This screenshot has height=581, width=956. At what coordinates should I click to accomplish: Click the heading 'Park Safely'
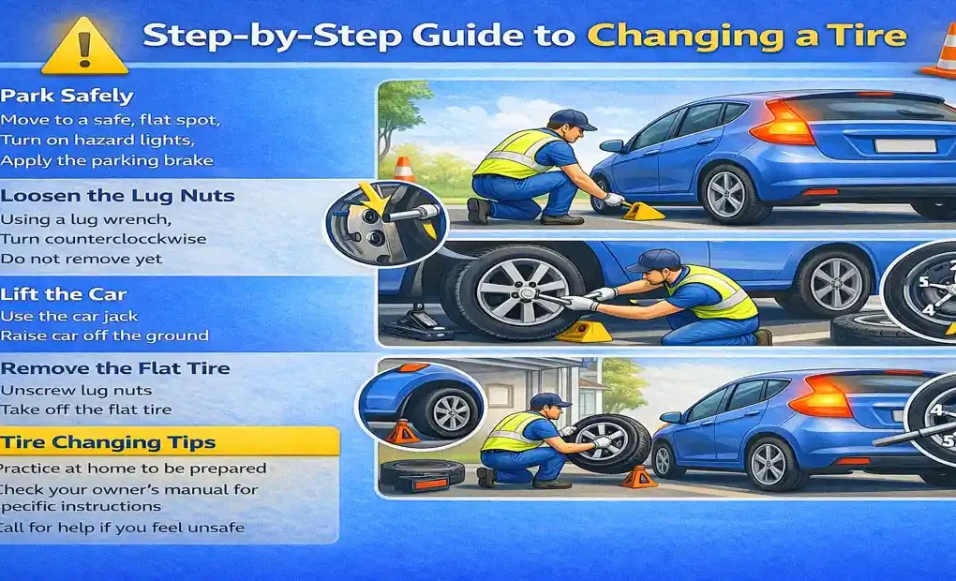pyautogui.click(x=67, y=96)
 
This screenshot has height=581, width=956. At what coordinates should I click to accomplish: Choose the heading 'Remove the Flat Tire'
pyautogui.click(x=115, y=368)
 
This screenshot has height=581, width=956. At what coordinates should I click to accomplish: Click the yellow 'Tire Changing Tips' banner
pyautogui.click(x=169, y=441)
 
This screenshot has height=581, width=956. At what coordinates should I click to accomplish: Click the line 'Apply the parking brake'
pyautogui.click(x=107, y=160)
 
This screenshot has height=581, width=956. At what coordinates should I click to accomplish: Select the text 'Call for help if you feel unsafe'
pyautogui.click(x=122, y=528)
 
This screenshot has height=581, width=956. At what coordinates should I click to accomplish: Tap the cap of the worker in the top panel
pyautogui.click(x=569, y=119)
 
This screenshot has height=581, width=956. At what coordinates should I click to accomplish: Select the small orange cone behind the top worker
pyautogui.click(x=404, y=170)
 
